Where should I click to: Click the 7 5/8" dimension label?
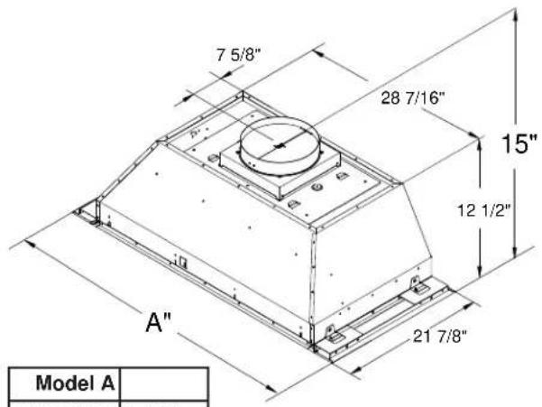[x=238, y=55]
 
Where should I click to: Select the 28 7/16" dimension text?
[x=411, y=97]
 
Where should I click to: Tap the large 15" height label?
[x=519, y=143]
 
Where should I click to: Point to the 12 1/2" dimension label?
[x=483, y=210]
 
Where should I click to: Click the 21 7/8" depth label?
[x=440, y=336]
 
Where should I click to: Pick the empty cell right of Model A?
[x=164, y=384]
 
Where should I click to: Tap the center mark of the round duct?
[x=279, y=146]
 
